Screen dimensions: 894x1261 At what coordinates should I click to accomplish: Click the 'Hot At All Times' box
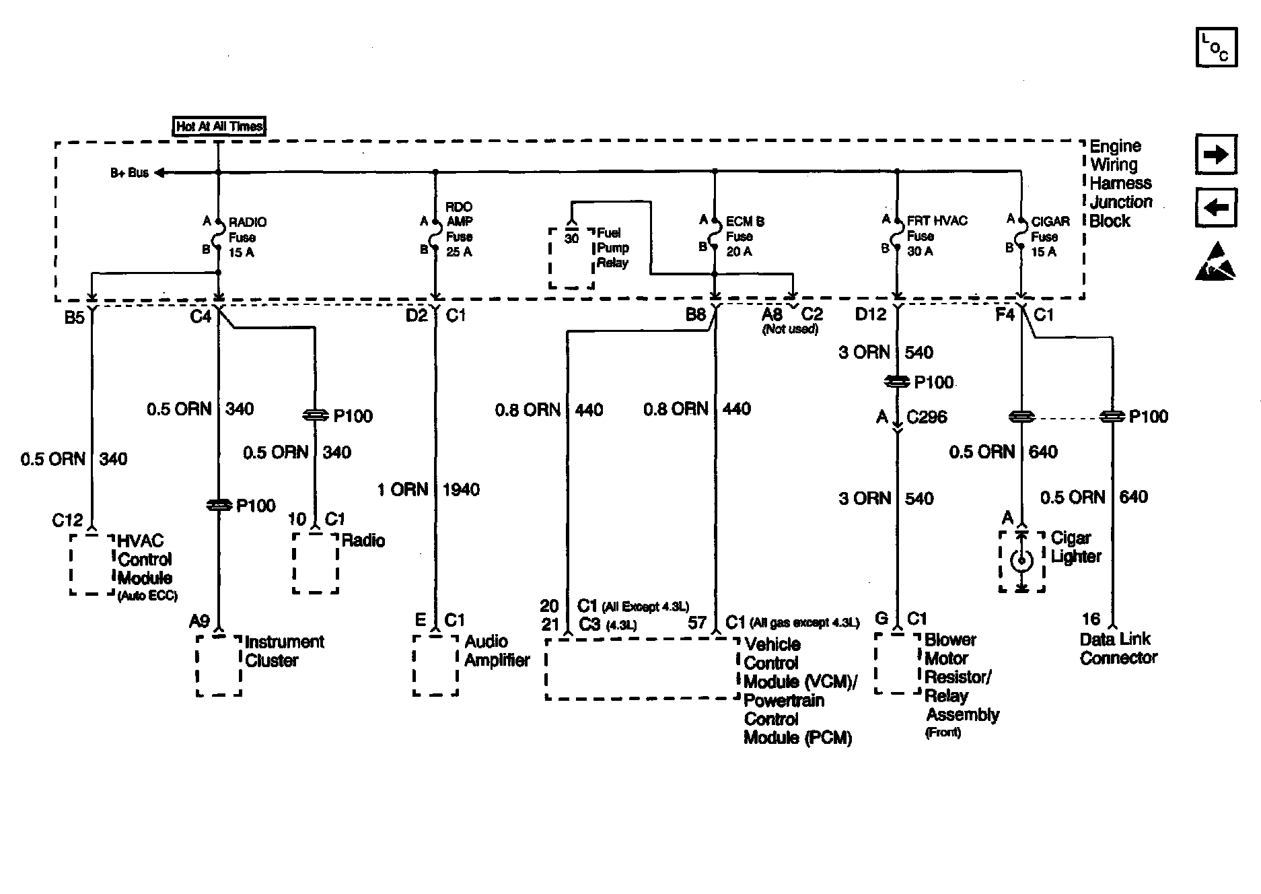219,127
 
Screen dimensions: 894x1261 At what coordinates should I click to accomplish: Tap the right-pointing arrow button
1216,155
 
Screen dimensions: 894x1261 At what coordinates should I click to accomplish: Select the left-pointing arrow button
1216,208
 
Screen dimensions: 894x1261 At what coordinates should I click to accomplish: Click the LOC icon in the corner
1216,48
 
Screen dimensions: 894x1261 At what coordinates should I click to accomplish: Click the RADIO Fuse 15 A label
247,238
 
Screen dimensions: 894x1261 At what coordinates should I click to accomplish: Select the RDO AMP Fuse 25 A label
459,230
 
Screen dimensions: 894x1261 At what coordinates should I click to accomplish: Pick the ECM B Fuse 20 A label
744,236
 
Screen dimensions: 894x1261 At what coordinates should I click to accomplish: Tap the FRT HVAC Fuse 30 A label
936,236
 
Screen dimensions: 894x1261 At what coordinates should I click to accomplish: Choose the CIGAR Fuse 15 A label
1050,236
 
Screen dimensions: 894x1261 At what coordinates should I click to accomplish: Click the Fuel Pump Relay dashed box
571,259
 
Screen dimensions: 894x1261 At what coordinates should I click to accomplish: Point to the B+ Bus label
129,173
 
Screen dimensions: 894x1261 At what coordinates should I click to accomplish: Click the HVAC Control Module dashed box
92,565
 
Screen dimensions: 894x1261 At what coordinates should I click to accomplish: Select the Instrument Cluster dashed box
219,665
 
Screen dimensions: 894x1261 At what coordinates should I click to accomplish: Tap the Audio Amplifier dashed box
435,664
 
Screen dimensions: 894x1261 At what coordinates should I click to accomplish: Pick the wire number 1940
461,490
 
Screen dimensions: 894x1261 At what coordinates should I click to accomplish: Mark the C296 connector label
927,417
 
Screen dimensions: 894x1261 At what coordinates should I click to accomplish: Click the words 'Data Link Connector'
1118,649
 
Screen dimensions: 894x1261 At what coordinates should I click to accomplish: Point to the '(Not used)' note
790,330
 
